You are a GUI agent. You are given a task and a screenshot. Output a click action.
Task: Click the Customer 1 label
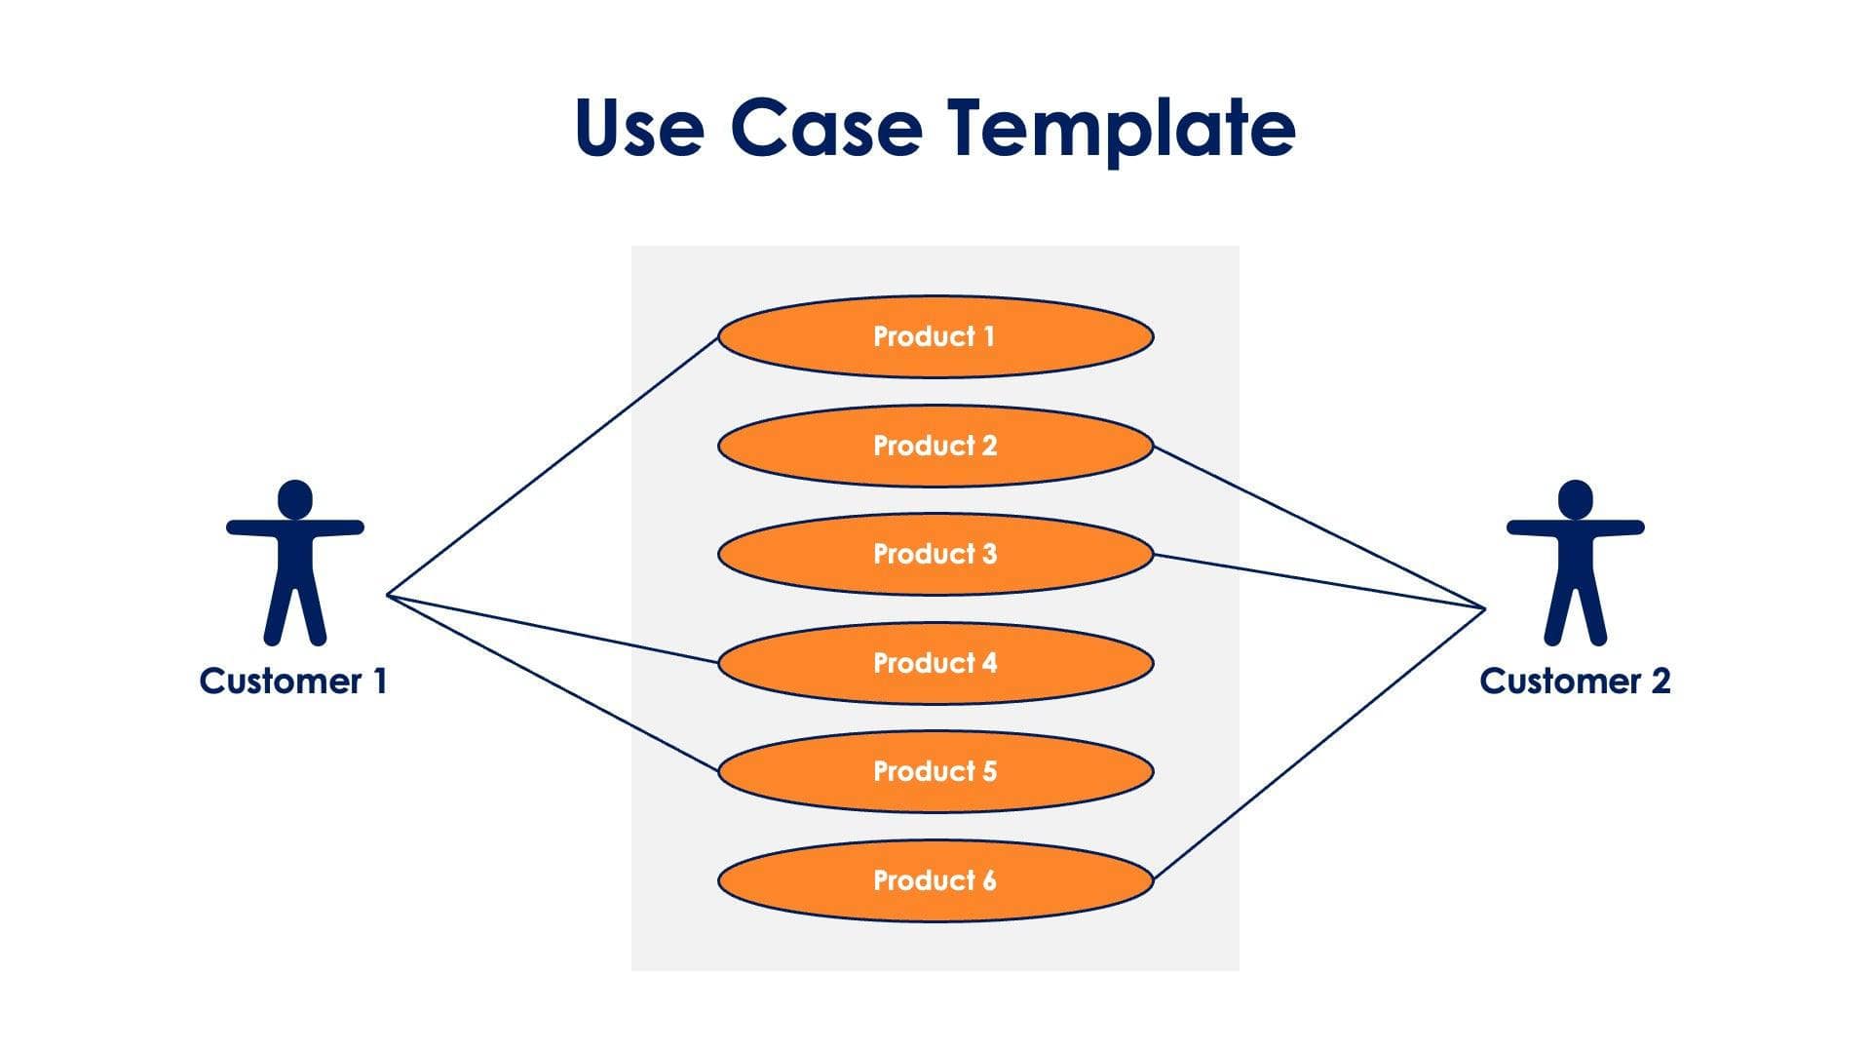pos(293,681)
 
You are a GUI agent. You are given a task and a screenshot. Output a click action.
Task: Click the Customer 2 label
pos(1575,681)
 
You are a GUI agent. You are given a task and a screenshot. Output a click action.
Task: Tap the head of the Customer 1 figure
pos(295,498)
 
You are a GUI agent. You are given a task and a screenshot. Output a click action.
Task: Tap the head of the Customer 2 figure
pos(1576,498)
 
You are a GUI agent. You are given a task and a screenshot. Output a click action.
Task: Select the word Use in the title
pos(638,129)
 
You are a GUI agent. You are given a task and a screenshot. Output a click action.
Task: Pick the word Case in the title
pos(825,129)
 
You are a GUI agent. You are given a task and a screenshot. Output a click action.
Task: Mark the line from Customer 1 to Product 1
pos(553,466)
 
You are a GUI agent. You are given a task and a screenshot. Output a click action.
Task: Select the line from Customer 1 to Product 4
pos(553,628)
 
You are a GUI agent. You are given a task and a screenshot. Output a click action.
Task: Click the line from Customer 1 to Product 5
pos(553,682)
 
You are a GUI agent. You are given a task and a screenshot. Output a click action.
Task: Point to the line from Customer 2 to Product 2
pos(1319,527)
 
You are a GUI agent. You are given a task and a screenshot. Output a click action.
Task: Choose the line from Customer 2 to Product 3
pos(1319,582)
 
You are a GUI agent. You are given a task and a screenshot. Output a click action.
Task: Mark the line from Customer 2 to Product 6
pos(1319,744)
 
